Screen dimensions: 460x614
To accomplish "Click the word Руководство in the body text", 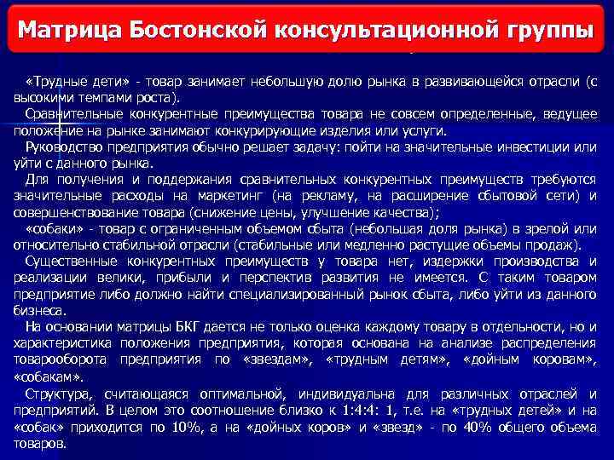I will click(63, 147).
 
